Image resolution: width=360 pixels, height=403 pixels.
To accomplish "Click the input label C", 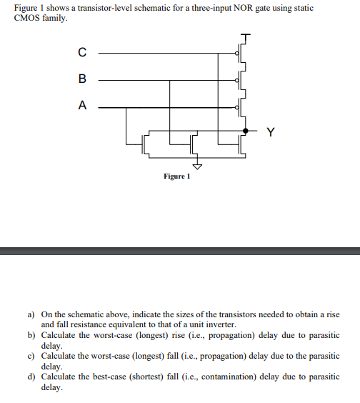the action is (x=82, y=51).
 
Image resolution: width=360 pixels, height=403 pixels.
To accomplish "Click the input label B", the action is (x=82, y=79).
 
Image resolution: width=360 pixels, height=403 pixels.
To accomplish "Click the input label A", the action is (x=82, y=106).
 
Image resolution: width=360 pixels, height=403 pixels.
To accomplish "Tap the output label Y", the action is (x=269, y=131).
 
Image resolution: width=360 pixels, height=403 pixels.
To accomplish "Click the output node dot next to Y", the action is (x=246, y=131).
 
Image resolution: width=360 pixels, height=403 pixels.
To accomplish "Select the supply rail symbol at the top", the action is (x=246, y=35).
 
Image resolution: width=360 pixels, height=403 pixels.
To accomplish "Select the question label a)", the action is (x=31, y=314).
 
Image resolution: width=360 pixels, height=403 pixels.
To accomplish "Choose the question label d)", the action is (x=31, y=377).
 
